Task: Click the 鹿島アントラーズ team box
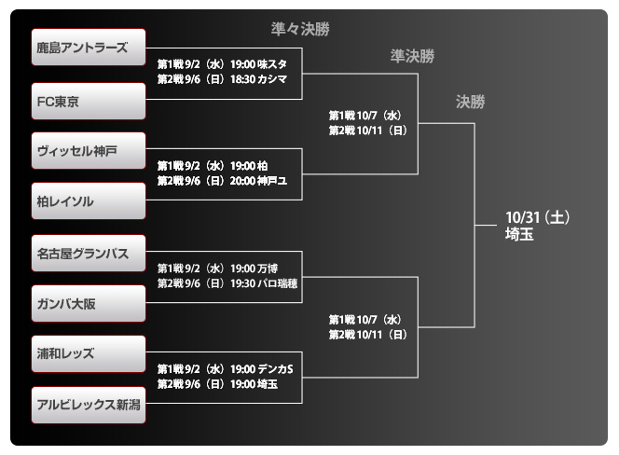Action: [89, 48]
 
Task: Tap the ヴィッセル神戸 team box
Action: [89, 150]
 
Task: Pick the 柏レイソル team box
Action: [89, 201]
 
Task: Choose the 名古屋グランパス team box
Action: [89, 253]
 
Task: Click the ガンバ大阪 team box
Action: [89, 304]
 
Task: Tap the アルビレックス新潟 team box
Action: [89, 405]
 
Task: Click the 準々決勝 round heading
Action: [301, 29]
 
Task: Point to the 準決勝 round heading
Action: [412, 57]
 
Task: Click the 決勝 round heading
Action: [471, 103]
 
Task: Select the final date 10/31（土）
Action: [537, 217]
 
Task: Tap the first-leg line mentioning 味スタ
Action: [222, 63]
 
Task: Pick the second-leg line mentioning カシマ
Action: [222, 79]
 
